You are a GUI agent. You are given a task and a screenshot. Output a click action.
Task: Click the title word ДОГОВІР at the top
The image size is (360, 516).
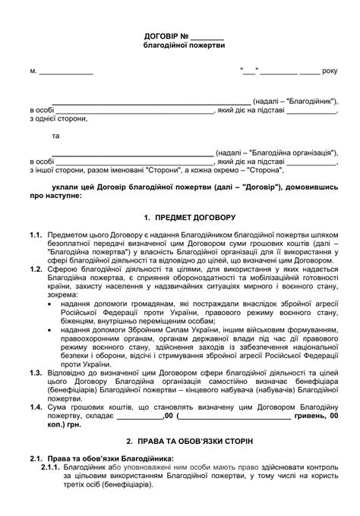click(x=161, y=36)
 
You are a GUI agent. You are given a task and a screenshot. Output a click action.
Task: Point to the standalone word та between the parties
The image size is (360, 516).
click(x=55, y=136)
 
